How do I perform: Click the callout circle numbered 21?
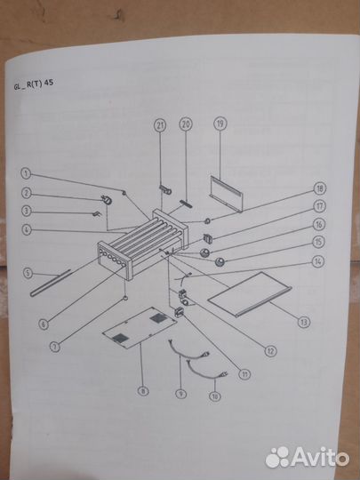(160, 125)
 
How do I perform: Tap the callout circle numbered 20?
(186, 124)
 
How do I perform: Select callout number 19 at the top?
(220, 124)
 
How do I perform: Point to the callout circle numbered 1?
(26, 173)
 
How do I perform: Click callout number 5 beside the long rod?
(28, 273)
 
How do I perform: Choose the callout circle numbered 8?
(143, 390)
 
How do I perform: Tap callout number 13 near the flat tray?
(304, 322)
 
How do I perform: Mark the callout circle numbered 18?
(320, 188)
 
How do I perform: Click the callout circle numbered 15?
(318, 242)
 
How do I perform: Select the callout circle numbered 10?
(214, 396)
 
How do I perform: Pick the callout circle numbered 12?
(270, 351)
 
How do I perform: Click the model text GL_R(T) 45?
(34, 84)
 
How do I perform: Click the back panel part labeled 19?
(227, 193)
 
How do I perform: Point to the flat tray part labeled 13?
(250, 294)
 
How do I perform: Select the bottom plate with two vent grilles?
(140, 328)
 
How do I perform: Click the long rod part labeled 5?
(51, 284)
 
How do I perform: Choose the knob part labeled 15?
(220, 262)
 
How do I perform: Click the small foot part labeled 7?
(125, 298)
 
